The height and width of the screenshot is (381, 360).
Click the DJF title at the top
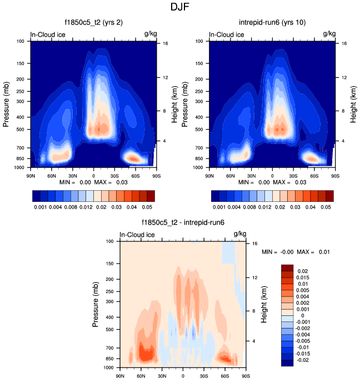click(x=180, y=8)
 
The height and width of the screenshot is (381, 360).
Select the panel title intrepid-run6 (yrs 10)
click(x=272, y=23)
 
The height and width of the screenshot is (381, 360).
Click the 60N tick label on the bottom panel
click(x=141, y=376)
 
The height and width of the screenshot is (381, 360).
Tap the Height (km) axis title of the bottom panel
click(x=265, y=304)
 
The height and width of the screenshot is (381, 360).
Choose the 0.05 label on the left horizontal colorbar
click(x=146, y=206)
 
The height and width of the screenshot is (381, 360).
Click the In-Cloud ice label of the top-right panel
click(x=226, y=34)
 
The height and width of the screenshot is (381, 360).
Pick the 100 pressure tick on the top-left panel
click(x=21, y=41)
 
